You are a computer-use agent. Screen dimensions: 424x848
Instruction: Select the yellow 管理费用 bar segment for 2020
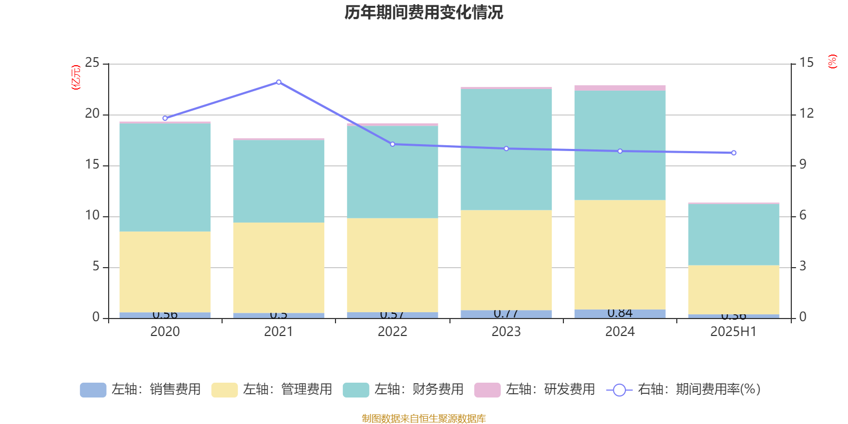click(165, 271)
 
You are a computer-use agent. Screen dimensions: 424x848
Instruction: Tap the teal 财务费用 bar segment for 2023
click(506, 149)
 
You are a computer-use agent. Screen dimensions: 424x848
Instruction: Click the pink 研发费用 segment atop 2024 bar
click(620, 88)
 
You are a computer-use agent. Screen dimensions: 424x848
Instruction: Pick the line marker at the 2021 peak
click(279, 82)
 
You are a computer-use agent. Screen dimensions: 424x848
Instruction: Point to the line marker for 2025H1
click(734, 153)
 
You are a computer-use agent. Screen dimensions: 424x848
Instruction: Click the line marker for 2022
click(392, 144)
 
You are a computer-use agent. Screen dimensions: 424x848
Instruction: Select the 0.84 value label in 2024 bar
click(620, 313)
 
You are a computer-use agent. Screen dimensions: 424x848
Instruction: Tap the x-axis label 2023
click(506, 332)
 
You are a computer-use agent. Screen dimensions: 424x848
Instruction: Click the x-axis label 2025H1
click(734, 332)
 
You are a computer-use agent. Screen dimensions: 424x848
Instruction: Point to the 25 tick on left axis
click(92, 63)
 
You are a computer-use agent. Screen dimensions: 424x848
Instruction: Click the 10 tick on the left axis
click(92, 216)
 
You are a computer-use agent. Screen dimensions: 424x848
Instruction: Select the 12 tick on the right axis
click(807, 113)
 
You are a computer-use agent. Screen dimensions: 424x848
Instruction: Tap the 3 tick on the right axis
click(803, 266)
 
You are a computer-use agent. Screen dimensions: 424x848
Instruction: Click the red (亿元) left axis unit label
click(76, 77)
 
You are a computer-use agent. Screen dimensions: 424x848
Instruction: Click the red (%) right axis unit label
click(833, 61)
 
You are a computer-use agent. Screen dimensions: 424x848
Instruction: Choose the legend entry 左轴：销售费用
click(140, 390)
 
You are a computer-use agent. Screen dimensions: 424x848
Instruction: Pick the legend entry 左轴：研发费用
click(535, 390)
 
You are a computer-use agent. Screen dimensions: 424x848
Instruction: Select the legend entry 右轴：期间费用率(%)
click(684, 390)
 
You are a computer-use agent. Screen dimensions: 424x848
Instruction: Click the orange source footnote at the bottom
click(423, 419)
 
